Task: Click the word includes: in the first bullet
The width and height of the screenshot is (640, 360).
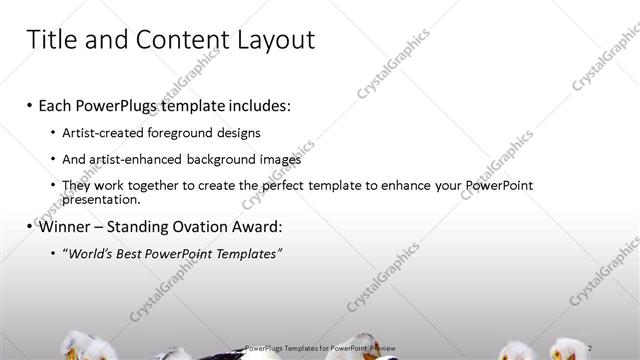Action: coord(257,105)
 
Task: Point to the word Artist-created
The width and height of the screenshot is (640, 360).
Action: coord(105,132)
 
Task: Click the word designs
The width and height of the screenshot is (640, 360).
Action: coord(241,132)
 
